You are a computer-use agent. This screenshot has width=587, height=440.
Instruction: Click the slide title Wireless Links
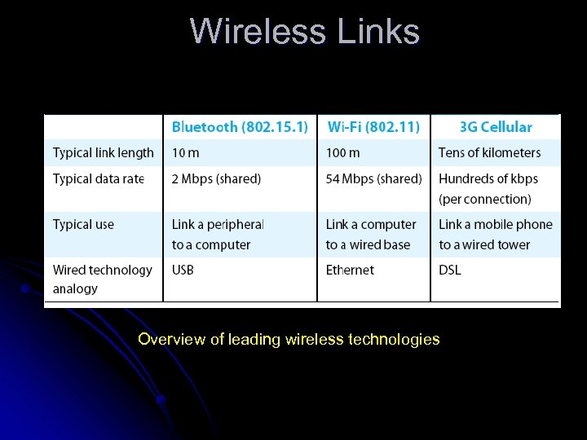point(305,32)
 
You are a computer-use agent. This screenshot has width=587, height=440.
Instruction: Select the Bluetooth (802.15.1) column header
point(240,127)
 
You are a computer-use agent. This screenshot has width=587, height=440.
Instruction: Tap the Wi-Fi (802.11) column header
point(373,127)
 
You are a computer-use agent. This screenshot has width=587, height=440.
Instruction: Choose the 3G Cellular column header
point(496,127)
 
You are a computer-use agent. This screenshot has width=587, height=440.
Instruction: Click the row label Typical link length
point(104,152)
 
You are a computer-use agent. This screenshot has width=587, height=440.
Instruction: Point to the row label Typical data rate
point(99,178)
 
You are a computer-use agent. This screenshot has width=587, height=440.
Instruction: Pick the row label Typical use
point(83,224)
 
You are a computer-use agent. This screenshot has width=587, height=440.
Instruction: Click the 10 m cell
point(185,152)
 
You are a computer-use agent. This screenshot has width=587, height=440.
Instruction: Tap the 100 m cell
point(342,152)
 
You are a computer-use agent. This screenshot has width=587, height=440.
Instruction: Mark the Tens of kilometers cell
point(489,152)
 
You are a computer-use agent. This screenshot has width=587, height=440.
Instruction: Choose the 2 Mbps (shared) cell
point(216,178)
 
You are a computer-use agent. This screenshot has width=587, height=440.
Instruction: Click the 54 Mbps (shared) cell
point(373,178)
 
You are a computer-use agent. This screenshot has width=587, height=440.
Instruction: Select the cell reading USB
point(183,270)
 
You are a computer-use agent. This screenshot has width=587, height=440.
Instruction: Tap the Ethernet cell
point(349,270)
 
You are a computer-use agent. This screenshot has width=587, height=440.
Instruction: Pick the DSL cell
point(449,270)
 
